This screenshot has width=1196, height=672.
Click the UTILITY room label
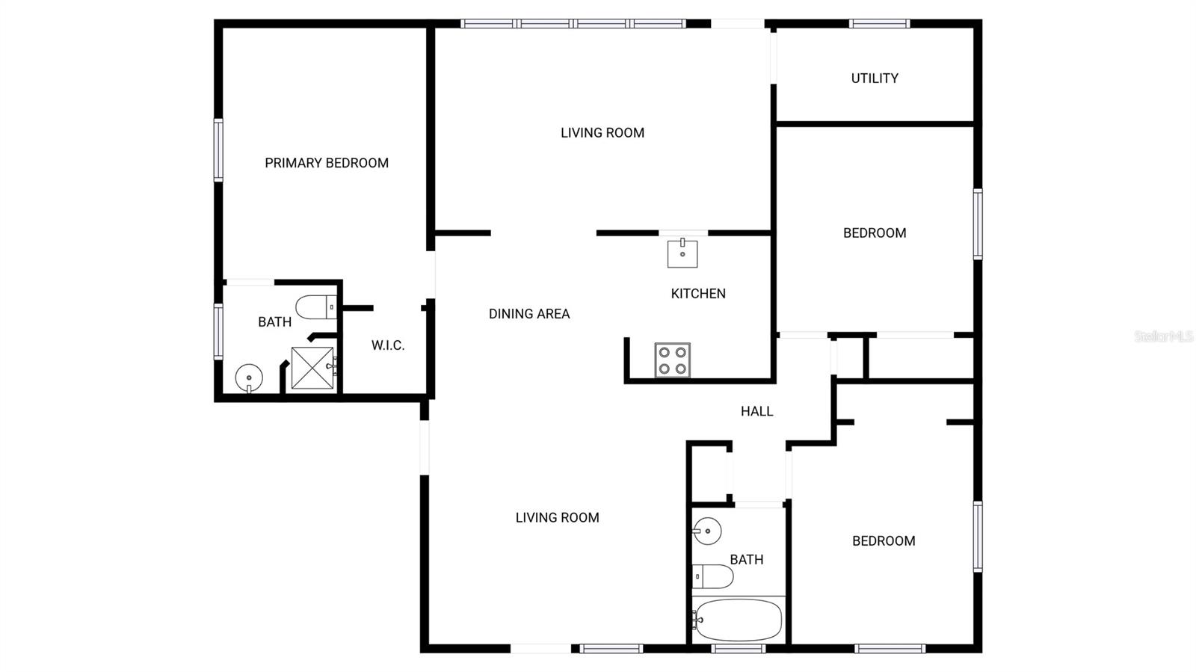874,78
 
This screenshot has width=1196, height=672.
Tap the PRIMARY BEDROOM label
327,163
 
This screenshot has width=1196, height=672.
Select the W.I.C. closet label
388,345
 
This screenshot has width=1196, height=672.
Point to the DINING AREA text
529,314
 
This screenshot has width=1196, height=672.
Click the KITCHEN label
698,294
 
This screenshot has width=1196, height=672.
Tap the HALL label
756,412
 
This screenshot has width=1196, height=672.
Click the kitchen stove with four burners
673,360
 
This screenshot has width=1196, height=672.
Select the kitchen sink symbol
682,253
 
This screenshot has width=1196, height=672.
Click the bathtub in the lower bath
738,620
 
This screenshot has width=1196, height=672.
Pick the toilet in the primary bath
316,307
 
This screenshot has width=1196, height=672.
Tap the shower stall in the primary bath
313,369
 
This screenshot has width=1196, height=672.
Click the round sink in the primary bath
249,378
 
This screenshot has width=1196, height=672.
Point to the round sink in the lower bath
707,531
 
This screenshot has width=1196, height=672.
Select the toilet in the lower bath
713,576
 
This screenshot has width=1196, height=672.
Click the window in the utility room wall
879,23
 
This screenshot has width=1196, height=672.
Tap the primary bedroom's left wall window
218,150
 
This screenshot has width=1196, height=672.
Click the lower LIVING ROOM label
558,518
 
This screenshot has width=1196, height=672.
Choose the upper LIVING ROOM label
602,133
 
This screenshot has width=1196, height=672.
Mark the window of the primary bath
218,331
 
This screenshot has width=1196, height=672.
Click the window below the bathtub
738,649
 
